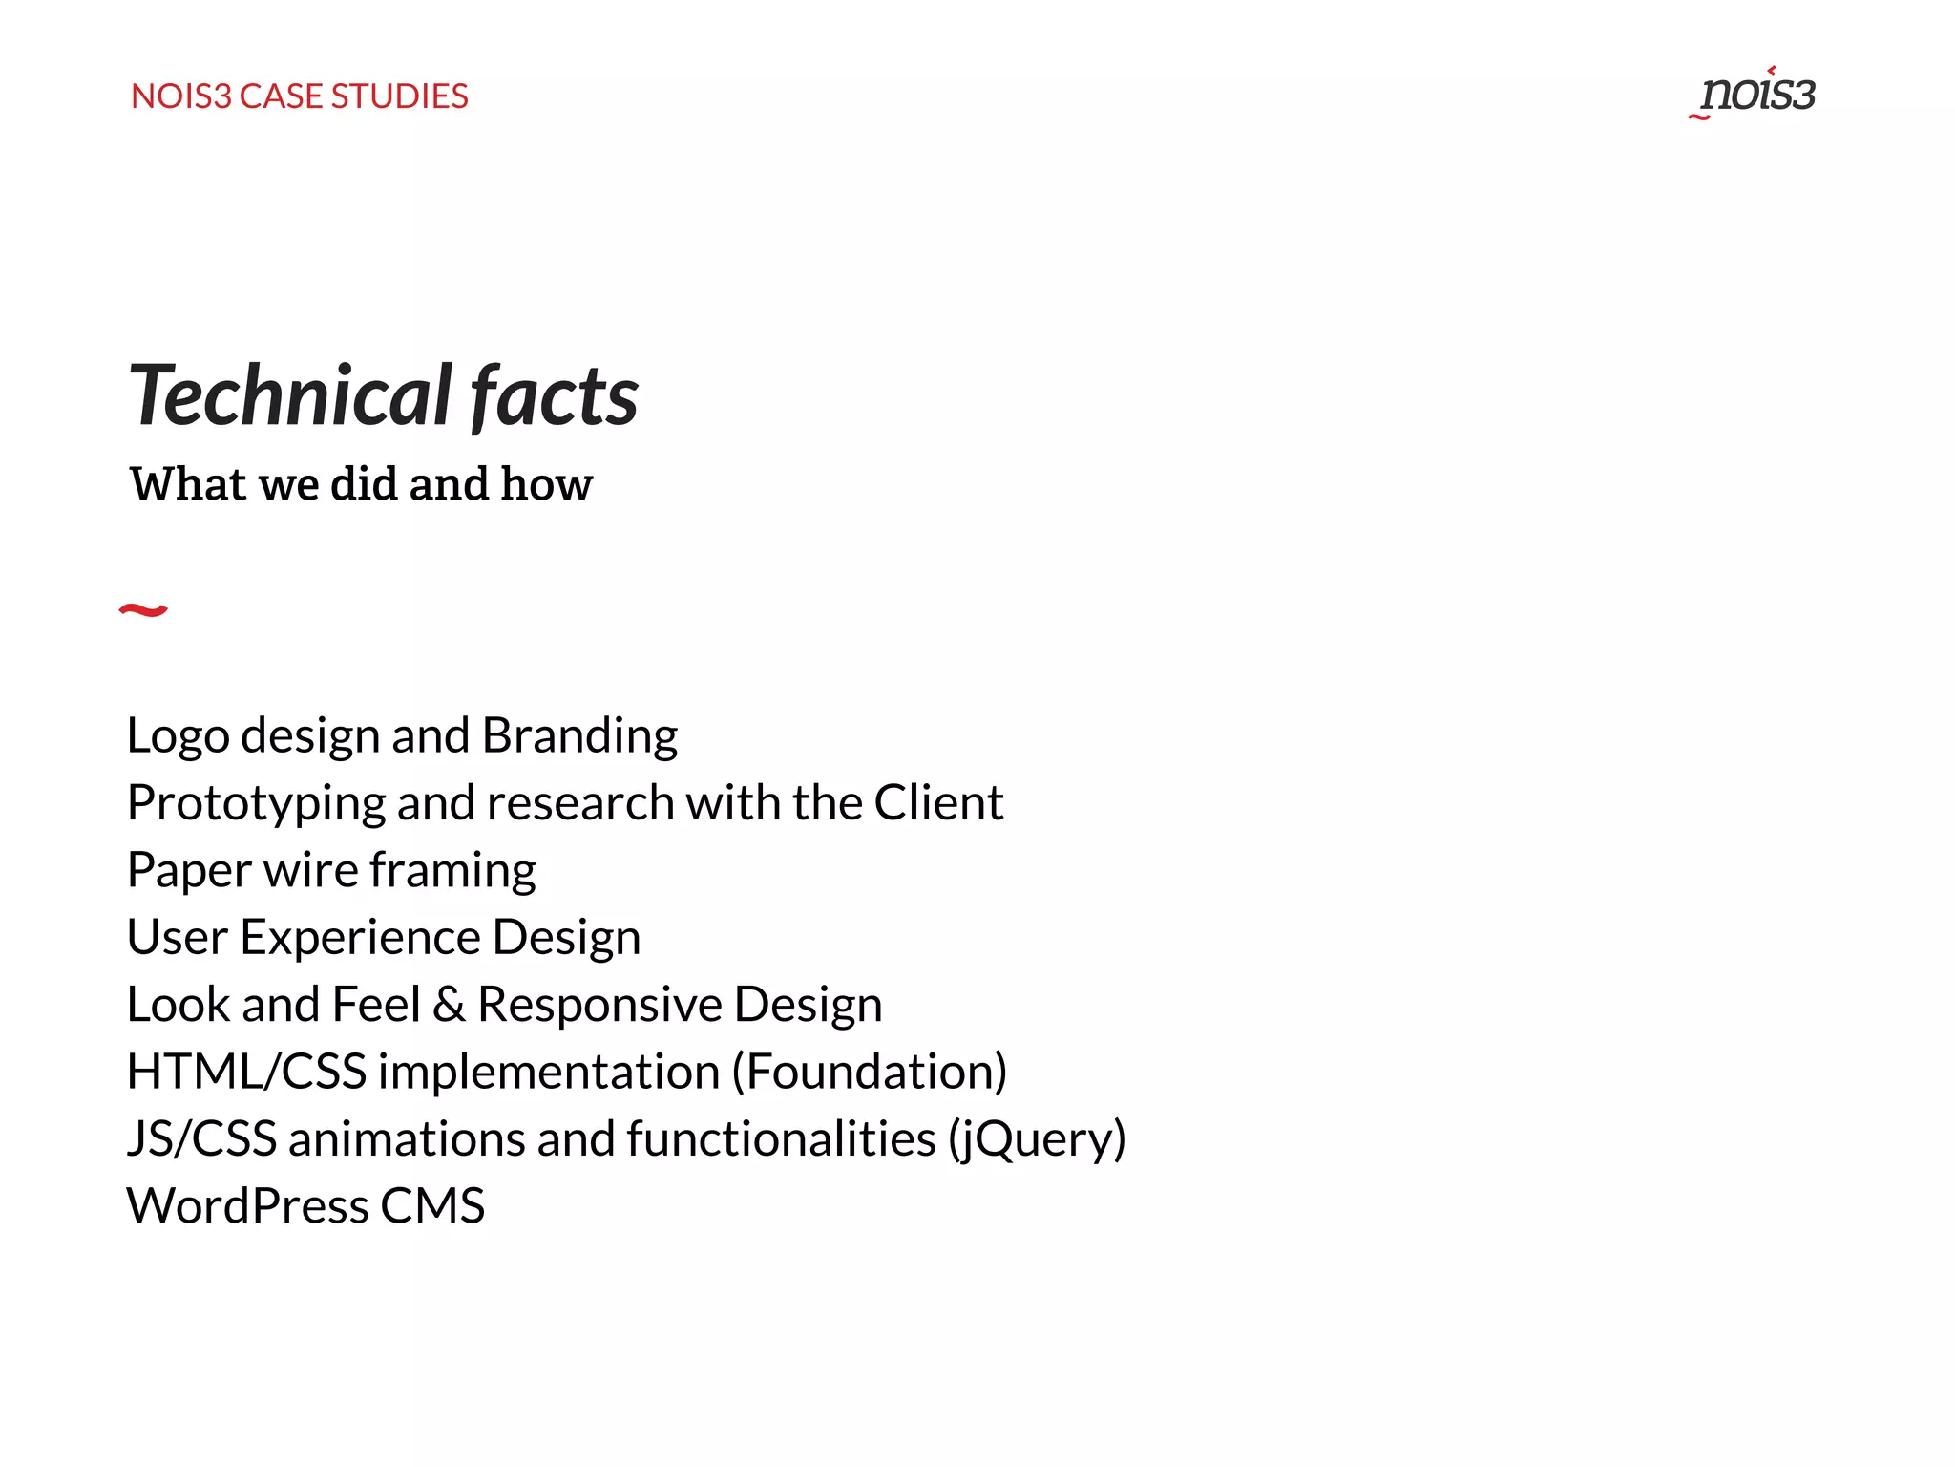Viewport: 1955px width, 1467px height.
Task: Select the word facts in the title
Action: (x=555, y=395)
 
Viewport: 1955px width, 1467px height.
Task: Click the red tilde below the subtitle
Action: (x=143, y=610)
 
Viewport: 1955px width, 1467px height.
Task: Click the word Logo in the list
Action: (x=178, y=736)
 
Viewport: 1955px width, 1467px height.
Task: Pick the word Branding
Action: (x=579, y=736)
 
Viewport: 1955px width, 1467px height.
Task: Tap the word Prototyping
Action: (x=256, y=803)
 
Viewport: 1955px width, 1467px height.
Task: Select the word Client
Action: (x=938, y=802)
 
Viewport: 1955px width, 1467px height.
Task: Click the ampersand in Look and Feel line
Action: (x=449, y=1005)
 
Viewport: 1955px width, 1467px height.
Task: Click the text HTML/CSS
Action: (x=246, y=1072)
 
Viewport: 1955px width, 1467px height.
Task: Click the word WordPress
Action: (x=247, y=1206)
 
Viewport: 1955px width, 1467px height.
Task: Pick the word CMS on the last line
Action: (x=432, y=1206)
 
